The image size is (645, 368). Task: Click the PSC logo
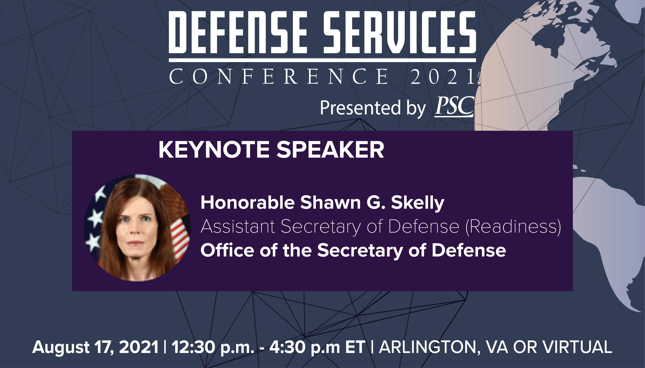pos(454,107)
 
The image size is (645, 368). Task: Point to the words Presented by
pos(373,108)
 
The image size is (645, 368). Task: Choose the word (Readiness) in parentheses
pos(513,227)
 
